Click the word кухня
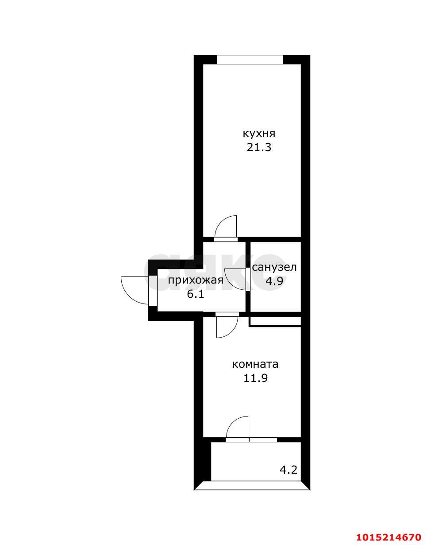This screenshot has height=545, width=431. [x=259, y=134]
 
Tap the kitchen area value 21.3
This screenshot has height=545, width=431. [x=259, y=148]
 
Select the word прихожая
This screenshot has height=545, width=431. [x=196, y=280]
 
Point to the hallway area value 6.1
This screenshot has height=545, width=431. [x=195, y=294]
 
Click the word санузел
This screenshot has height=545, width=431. [x=274, y=267]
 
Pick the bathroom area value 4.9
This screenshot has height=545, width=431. [x=274, y=280]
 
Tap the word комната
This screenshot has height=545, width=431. [x=255, y=364]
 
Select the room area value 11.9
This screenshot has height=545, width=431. [x=255, y=378]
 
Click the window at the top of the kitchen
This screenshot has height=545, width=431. [x=250, y=59]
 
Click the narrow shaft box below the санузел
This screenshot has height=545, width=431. [x=275, y=322]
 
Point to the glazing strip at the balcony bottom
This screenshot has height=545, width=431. [x=252, y=486]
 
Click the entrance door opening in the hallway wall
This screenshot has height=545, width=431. [x=153, y=291]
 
